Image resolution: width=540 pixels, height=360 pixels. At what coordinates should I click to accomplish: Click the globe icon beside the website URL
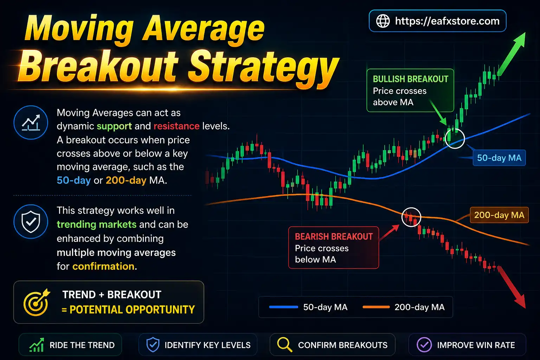[x=383, y=21]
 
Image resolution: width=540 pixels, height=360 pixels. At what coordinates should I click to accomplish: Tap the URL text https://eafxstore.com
[x=447, y=21]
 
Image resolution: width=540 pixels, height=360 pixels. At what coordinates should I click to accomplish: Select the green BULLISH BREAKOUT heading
[x=410, y=79]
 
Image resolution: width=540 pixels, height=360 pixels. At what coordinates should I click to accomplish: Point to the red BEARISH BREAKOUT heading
[x=334, y=237]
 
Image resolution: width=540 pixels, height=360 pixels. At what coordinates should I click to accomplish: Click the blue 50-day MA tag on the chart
[x=499, y=158]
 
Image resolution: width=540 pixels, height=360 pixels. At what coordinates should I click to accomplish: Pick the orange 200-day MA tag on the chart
[x=499, y=215]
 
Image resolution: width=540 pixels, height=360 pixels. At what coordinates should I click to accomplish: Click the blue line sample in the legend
[x=283, y=307]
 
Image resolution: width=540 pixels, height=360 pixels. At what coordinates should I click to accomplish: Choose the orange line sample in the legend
[x=376, y=307]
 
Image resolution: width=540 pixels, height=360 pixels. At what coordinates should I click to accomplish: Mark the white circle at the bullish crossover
[x=455, y=138]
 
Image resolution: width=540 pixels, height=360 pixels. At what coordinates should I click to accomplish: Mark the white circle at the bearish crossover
[x=411, y=217]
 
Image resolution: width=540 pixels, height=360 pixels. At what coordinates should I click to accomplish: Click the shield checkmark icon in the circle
[x=31, y=221]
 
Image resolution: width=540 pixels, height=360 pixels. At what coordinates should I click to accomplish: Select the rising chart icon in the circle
[x=31, y=122]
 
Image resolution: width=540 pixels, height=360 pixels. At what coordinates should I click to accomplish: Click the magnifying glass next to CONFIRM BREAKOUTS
[x=284, y=345]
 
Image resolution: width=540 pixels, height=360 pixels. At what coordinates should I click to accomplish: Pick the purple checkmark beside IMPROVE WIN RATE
[x=424, y=345]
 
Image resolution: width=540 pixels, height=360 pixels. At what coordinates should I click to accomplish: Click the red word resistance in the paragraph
[x=176, y=126]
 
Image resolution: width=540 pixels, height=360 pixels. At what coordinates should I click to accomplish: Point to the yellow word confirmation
[x=103, y=266]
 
